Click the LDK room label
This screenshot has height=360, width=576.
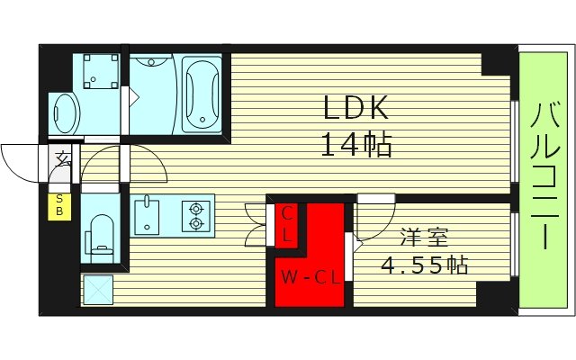click(356, 109)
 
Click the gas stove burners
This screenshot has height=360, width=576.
click(194, 217)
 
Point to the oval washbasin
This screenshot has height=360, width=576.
click(64, 112)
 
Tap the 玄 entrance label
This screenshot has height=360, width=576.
click(63, 161)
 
